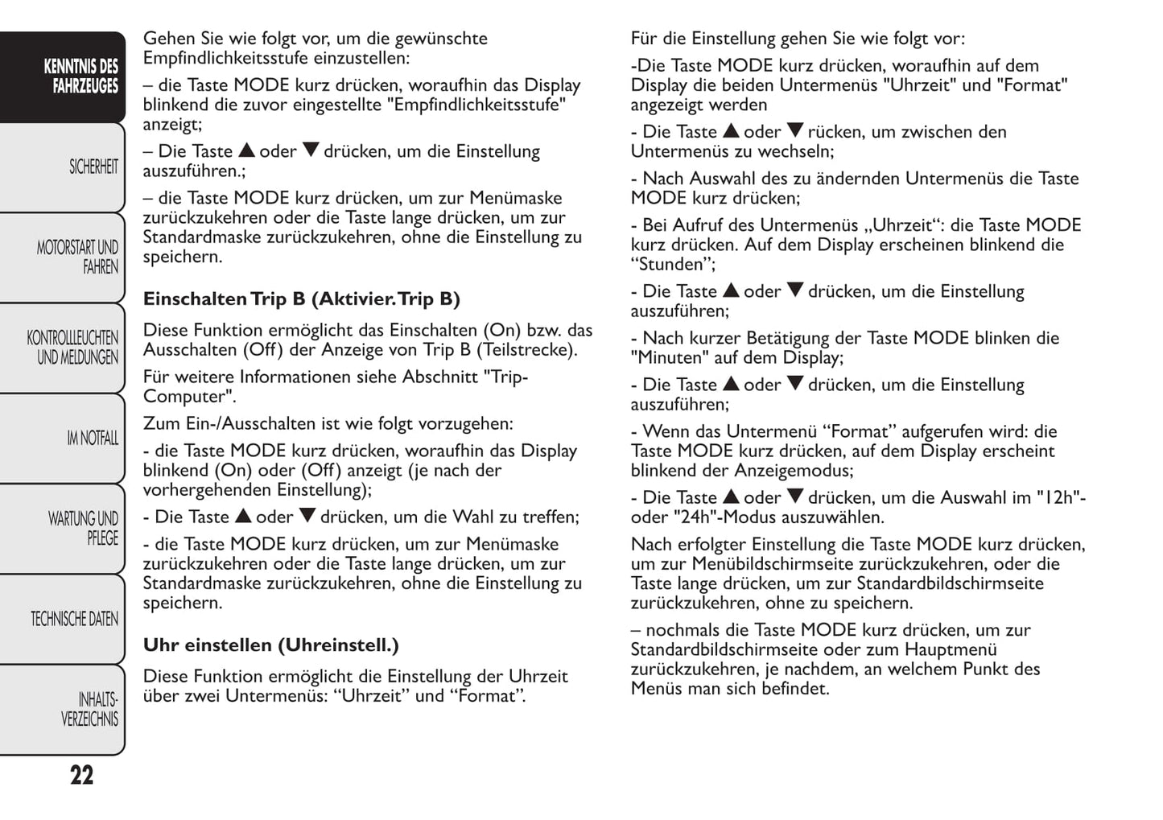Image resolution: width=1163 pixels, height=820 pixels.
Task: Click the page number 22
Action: (x=81, y=776)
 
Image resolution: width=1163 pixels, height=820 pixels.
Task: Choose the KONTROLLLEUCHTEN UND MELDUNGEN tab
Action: (x=72, y=348)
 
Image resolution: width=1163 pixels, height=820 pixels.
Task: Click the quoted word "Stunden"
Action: (x=672, y=265)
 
